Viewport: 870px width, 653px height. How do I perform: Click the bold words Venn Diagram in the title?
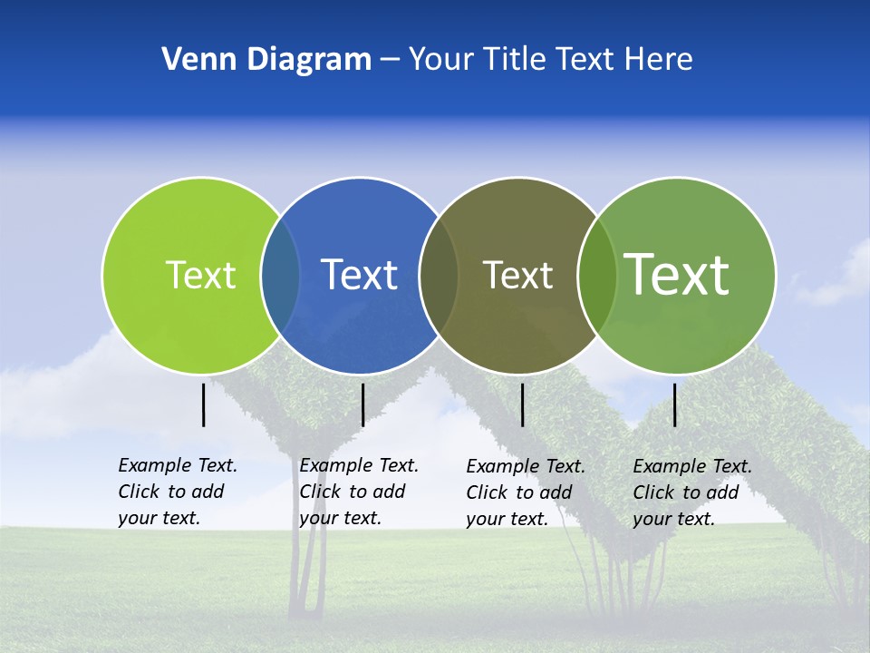[266, 60]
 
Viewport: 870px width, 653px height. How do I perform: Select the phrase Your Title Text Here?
[550, 60]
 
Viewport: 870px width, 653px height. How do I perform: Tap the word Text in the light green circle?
[201, 275]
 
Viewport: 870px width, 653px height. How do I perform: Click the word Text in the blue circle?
[359, 275]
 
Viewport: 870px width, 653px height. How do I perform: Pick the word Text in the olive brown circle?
[517, 275]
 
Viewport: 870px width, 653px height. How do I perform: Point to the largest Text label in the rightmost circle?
[677, 274]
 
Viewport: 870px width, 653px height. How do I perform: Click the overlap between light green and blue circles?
[281, 275]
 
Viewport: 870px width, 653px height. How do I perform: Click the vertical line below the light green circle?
[204, 404]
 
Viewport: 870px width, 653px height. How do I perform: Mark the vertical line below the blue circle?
[362, 404]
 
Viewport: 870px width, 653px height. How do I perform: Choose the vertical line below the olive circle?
[522, 404]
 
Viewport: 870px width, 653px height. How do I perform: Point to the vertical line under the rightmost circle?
[675, 404]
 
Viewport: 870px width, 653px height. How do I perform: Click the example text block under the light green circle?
[178, 492]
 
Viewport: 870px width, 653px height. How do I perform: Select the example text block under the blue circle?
[359, 492]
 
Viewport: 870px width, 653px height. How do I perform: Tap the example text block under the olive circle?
[526, 492]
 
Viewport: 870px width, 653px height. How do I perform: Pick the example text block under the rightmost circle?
[692, 492]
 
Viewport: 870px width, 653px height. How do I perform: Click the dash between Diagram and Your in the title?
[390, 60]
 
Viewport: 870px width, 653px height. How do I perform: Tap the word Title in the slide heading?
[516, 60]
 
